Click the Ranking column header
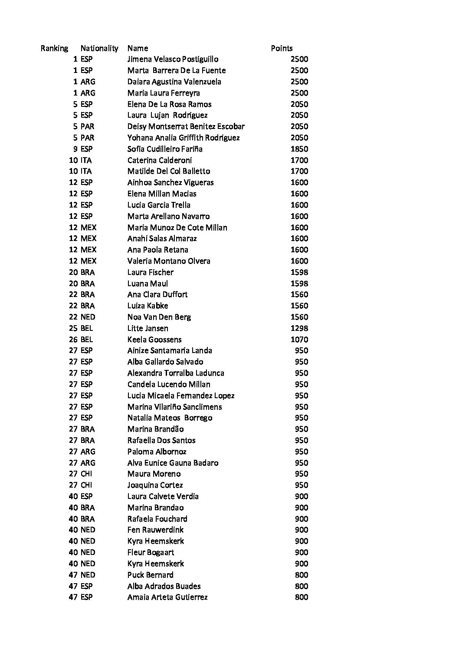[x=54, y=48]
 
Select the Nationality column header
[x=99, y=48]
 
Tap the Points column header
[x=282, y=48]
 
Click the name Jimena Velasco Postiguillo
[x=173, y=59]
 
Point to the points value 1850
[x=299, y=149]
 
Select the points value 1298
[x=299, y=328]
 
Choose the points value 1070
[x=299, y=340]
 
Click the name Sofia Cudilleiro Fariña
[x=165, y=149]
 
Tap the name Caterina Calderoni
[x=160, y=160]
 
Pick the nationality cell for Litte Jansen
[x=87, y=328]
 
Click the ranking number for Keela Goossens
[x=73, y=340]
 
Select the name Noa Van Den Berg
[x=159, y=317]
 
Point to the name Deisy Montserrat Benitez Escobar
[x=186, y=126]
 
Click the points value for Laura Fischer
[x=299, y=272]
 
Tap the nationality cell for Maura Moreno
[x=86, y=474]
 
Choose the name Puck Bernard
[x=150, y=575]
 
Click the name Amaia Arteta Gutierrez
[x=167, y=597]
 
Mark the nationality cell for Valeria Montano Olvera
[x=89, y=261]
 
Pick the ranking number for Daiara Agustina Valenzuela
[x=75, y=82]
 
